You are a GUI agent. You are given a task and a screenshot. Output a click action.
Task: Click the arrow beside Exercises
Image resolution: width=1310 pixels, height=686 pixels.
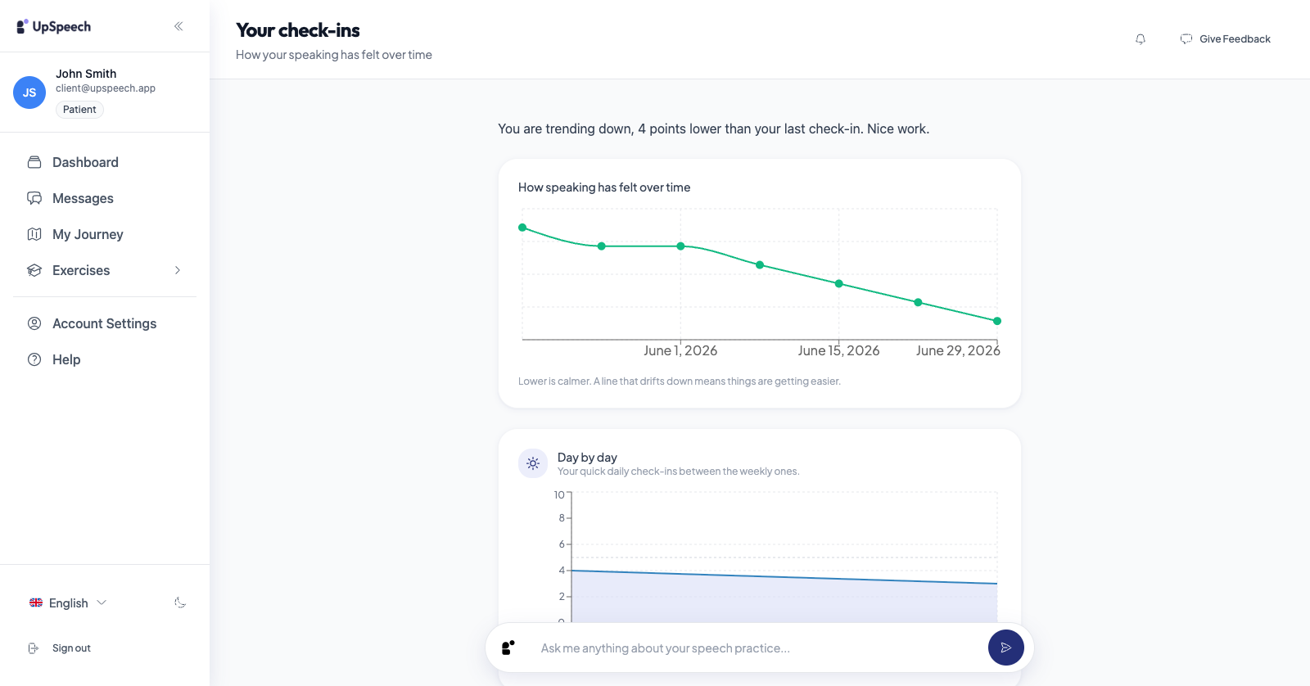pyautogui.click(x=178, y=270)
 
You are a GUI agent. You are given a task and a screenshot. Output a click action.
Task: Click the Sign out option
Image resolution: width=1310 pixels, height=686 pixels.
pyautogui.click(x=60, y=648)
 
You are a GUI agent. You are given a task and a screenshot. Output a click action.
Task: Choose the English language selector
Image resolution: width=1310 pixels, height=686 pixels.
pyautogui.click(x=68, y=603)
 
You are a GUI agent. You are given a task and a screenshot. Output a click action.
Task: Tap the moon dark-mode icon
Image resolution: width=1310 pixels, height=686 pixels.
pyautogui.click(x=180, y=603)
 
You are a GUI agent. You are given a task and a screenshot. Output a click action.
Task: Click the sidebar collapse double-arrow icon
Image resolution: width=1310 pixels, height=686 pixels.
pyautogui.click(x=178, y=26)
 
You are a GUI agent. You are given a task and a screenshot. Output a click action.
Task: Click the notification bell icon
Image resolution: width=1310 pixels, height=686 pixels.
pyautogui.click(x=1141, y=39)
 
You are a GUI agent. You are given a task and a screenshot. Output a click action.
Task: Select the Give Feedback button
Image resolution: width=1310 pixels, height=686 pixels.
pyautogui.click(x=1225, y=38)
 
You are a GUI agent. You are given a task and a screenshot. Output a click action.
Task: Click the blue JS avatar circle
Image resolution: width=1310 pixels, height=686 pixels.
pyautogui.click(x=29, y=93)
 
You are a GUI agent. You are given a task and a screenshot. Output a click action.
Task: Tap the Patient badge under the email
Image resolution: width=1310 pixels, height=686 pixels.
pyautogui.click(x=79, y=110)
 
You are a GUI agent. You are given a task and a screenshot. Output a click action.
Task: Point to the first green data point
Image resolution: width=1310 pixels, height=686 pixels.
pyautogui.click(x=522, y=228)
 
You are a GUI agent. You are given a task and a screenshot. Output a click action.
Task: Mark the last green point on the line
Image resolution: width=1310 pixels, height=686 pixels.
pyautogui.click(x=997, y=321)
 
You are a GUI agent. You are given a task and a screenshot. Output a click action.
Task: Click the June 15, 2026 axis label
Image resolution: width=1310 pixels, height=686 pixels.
pyautogui.click(x=838, y=350)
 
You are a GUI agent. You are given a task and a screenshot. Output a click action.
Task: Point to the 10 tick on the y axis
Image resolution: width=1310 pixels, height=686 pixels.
pyautogui.click(x=559, y=494)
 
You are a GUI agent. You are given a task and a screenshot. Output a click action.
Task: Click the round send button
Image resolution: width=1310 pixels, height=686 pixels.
pyautogui.click(x=1006, y=648)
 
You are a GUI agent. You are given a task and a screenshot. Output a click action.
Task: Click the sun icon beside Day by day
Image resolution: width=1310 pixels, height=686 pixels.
pyautogui.click(x=533, y=464)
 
